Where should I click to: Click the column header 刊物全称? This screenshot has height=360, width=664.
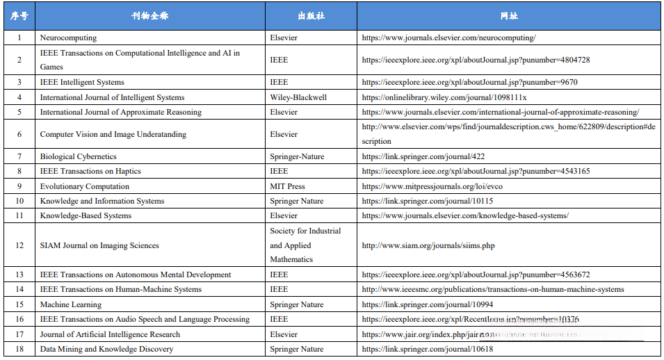pos(149,15)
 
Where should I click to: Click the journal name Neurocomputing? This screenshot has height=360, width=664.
pos(68,38)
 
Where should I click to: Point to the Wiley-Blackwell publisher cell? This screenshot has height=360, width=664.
pos(298,97)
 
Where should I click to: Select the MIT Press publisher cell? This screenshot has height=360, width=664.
pos(287,186)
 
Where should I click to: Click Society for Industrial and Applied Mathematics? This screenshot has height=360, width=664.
pos(305,245)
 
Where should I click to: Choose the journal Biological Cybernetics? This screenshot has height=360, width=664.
pos(78,156)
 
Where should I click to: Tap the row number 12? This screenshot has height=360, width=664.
pos(19,245)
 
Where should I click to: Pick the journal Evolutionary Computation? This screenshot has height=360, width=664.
pos(84,186)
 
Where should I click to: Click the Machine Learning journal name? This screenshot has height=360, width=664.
pos(70,304)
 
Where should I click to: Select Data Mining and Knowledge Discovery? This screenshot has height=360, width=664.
pos(106,349)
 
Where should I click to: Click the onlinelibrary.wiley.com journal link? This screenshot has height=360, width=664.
pos(444,97)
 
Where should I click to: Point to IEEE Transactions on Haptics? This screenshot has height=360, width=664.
pos(90,171)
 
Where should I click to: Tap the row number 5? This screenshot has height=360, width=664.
pos(19,112)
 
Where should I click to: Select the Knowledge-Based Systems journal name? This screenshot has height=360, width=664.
pos(86,215)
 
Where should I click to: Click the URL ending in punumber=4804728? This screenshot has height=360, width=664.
pos(476,60)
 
